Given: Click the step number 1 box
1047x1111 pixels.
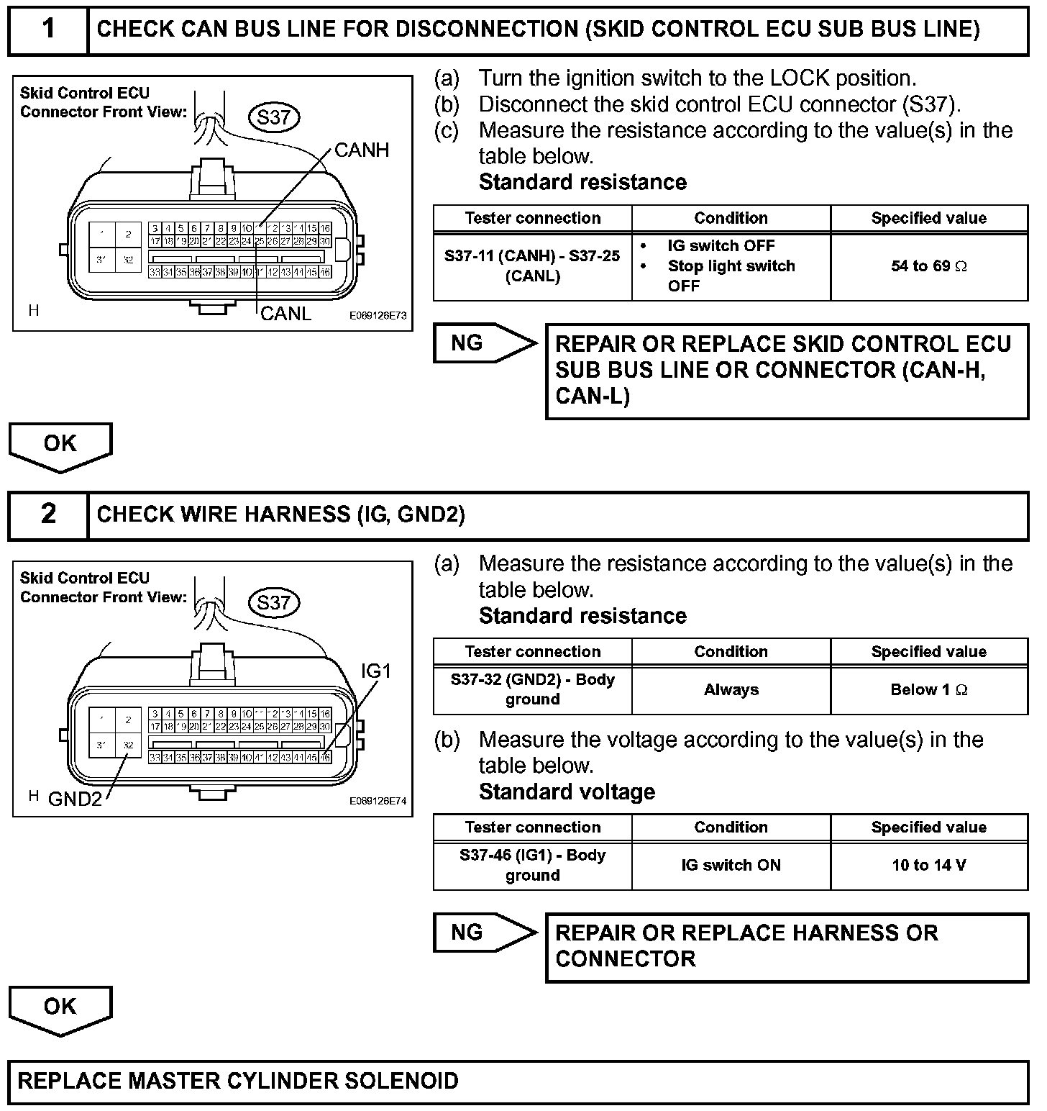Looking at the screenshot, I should pos(47,30).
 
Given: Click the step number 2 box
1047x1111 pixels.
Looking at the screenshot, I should pos(47,514).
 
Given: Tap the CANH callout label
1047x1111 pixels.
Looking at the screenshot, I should pos(362,150).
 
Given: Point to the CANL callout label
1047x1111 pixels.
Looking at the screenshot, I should pos(285,314).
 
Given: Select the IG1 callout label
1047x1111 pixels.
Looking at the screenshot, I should pos(376,671).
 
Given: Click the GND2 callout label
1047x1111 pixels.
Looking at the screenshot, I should pos(75,799).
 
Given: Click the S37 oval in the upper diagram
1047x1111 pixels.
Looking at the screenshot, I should pos(273,117).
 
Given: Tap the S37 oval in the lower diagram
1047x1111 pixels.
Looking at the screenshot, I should pos(273,602).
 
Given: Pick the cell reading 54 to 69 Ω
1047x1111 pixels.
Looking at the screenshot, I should pos(928,266).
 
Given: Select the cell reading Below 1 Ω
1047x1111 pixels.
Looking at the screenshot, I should pos(928,690).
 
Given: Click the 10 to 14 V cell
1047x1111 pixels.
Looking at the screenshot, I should pos(928,865).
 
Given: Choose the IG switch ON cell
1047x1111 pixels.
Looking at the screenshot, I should pos(731,865).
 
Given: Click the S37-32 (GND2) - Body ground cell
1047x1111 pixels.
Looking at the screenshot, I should pos(532,689).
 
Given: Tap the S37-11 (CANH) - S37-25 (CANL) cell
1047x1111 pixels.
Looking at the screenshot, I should pos(532,266).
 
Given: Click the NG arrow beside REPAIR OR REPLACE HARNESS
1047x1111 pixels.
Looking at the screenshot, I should pos(483,933).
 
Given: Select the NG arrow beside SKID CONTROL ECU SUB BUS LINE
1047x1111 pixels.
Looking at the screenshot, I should pos(483,343).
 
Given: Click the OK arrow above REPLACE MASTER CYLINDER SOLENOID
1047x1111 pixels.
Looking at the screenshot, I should pos(60,1007).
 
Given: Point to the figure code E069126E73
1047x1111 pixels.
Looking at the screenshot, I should pos(378,315).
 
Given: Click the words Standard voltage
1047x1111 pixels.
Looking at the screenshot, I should pos(567,792).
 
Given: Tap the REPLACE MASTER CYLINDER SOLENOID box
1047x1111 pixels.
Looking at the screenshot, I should pos(518,1081).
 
